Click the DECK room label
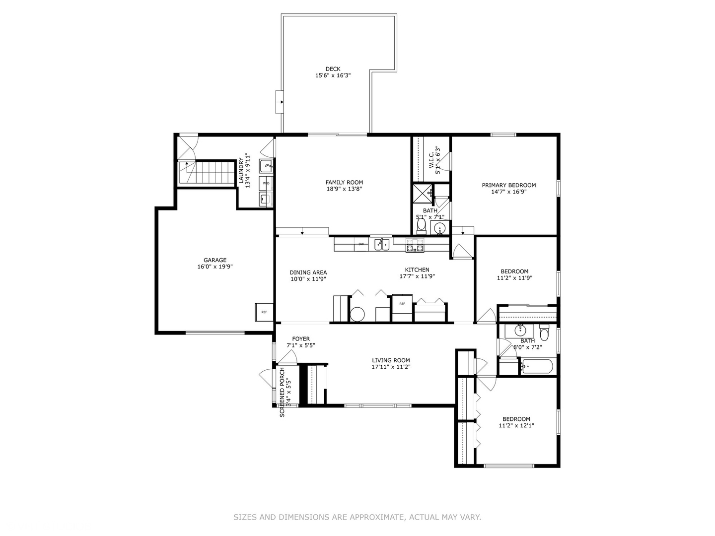click(x=333, y=69)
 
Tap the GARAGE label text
click(x=214, y=260)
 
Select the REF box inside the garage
click(x=264, y=312)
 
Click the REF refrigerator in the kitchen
click(x=402, y=304)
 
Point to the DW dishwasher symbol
click(x=361, y=244)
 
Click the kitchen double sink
click(x=382, y=244)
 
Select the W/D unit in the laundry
click(x=266, y=183)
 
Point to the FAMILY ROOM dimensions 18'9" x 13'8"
click(x=344, y=189)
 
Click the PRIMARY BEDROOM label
click(x=508, y=185)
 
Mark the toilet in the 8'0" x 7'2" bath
click(x=544, y=333)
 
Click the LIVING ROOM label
click(x=391, y=360)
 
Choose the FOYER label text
click(x=300, y=339)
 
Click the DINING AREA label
click(x=308, y=272)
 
